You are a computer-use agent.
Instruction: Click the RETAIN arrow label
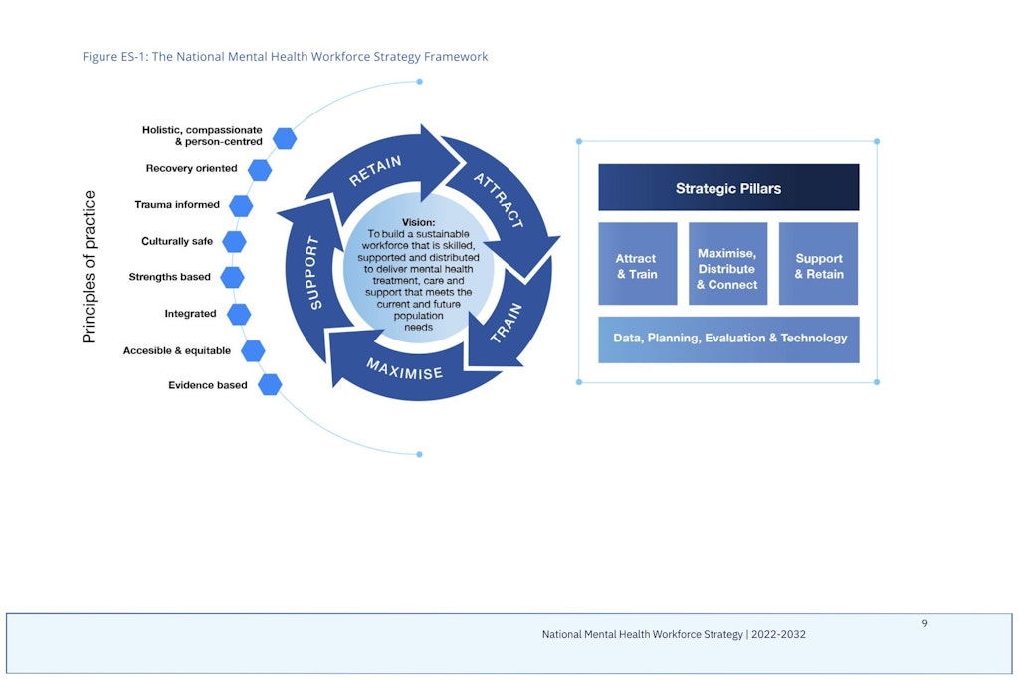[375, 171]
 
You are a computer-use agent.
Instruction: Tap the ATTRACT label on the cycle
[499, 200]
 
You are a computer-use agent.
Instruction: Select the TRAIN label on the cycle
[506, 323]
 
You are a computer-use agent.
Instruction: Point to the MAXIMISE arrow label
[404, 368]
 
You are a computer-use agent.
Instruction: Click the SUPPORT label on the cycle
[313, 273]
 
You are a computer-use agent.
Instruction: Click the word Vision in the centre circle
[419, 222]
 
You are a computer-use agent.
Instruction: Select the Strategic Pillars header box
[728, 187]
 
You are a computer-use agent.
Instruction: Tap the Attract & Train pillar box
[638, 263]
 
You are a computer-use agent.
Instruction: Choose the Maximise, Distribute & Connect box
[727, 263]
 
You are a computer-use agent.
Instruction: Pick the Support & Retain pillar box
[818, 263]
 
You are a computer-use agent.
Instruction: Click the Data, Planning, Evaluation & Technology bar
[728, 340]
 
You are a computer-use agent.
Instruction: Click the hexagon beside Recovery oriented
[260, 170]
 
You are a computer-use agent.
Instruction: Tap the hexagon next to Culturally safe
[234, 242]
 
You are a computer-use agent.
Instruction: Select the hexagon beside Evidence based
[270, 385]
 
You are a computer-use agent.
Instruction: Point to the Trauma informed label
[177, 205]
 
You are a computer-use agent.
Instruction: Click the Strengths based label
[169, 277]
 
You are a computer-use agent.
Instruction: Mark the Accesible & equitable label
[177, 351]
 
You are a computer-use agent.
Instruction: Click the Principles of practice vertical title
[89, 267]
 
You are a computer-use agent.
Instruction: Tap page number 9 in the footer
[924, 623]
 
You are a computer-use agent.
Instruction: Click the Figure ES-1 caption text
[285, 57]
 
